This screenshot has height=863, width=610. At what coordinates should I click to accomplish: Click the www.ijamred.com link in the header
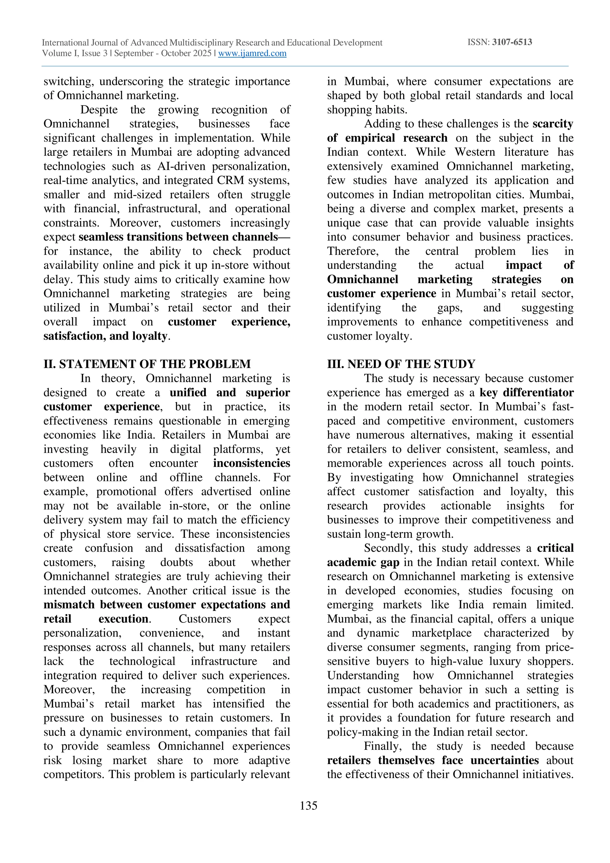pos(252,53)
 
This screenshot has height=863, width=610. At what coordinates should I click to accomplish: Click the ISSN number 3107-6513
pos(512,42)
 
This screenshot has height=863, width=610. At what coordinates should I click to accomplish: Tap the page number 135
pos(309,806)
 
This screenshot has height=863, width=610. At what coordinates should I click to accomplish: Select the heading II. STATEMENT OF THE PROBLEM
pos(147,364)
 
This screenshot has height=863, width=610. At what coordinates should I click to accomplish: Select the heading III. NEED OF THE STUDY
pos(401,364)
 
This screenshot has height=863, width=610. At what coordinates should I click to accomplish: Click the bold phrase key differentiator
pos(526,392)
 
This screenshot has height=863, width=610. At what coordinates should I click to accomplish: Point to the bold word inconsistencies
pos(251,463)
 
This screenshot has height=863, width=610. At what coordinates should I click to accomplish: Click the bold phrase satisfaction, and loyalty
pos(105,336)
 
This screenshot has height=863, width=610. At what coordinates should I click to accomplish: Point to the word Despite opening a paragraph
pos(99,110)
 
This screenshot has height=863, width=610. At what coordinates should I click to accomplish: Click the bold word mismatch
pos(69,605)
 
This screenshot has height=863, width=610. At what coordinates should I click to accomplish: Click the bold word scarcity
pos(553,124)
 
